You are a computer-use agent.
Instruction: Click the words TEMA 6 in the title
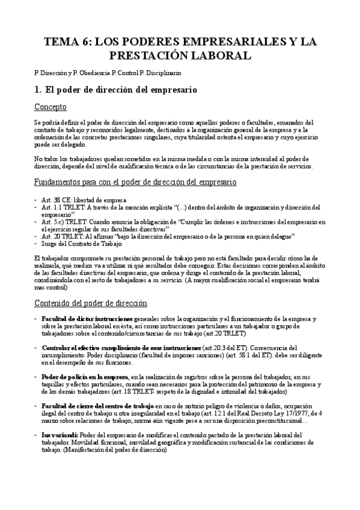[67, 42]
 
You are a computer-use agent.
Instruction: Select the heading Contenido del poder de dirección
[91, 303]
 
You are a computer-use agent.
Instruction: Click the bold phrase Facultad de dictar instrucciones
[87, 318]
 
